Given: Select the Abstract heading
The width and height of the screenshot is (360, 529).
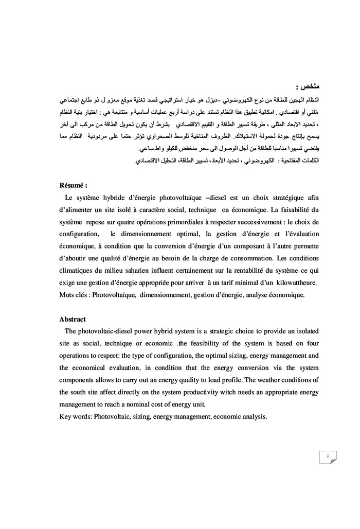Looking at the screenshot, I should [73, 319].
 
